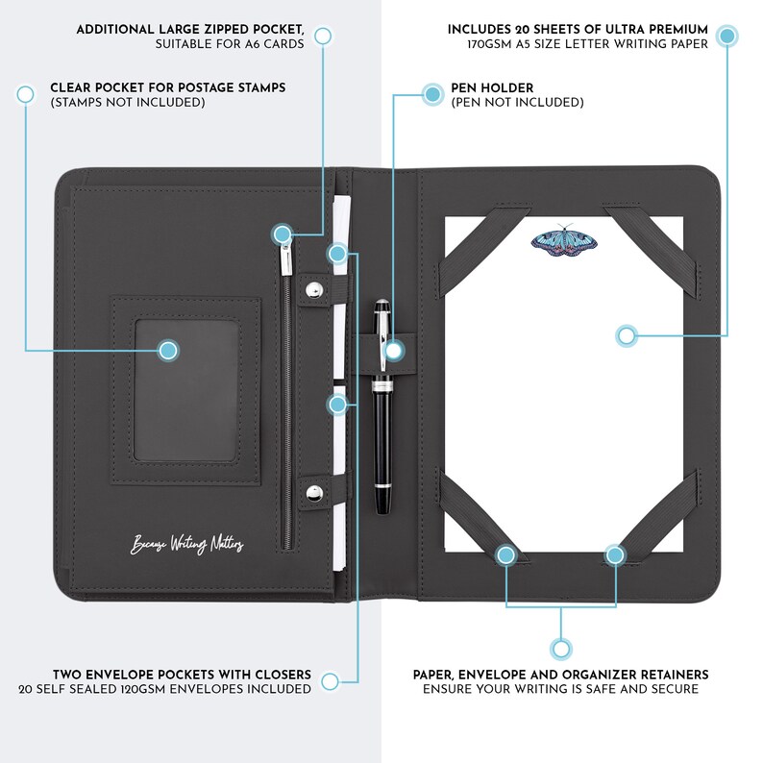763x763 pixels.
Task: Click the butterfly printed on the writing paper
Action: pos(564,240)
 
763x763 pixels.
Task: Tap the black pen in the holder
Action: pos(382,406)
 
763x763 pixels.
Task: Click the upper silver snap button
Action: pos(315,291)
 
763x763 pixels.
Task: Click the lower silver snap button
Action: pos(314,493)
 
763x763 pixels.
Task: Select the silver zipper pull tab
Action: pos(285,258)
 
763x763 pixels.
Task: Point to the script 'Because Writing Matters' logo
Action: pos(186,543)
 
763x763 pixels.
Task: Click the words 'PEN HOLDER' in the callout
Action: pos(492,88)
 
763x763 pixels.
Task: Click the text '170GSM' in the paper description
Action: pos(489,44)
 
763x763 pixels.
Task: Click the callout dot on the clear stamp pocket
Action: pos(168,351)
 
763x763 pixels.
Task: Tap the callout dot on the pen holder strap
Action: pos(393,351)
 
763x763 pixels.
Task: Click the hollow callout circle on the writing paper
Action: pos(627,335)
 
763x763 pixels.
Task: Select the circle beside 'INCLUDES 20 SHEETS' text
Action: pos(727,36)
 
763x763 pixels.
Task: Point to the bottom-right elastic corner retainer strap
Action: pos(654,517)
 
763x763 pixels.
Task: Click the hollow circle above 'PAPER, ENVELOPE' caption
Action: pos(561,650)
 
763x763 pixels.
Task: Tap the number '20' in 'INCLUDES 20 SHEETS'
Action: pos(523,30)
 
